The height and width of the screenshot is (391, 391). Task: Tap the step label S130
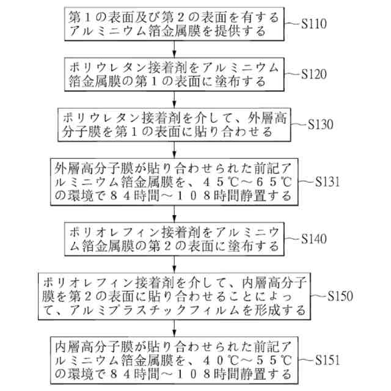tap(321, 123)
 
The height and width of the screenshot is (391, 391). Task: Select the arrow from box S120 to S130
tap(175, 99)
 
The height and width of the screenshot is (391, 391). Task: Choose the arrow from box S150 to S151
tap(175, 327)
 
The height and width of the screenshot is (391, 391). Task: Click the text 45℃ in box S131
tap(219, 182)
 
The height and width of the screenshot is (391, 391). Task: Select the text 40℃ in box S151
tap(219, 359)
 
